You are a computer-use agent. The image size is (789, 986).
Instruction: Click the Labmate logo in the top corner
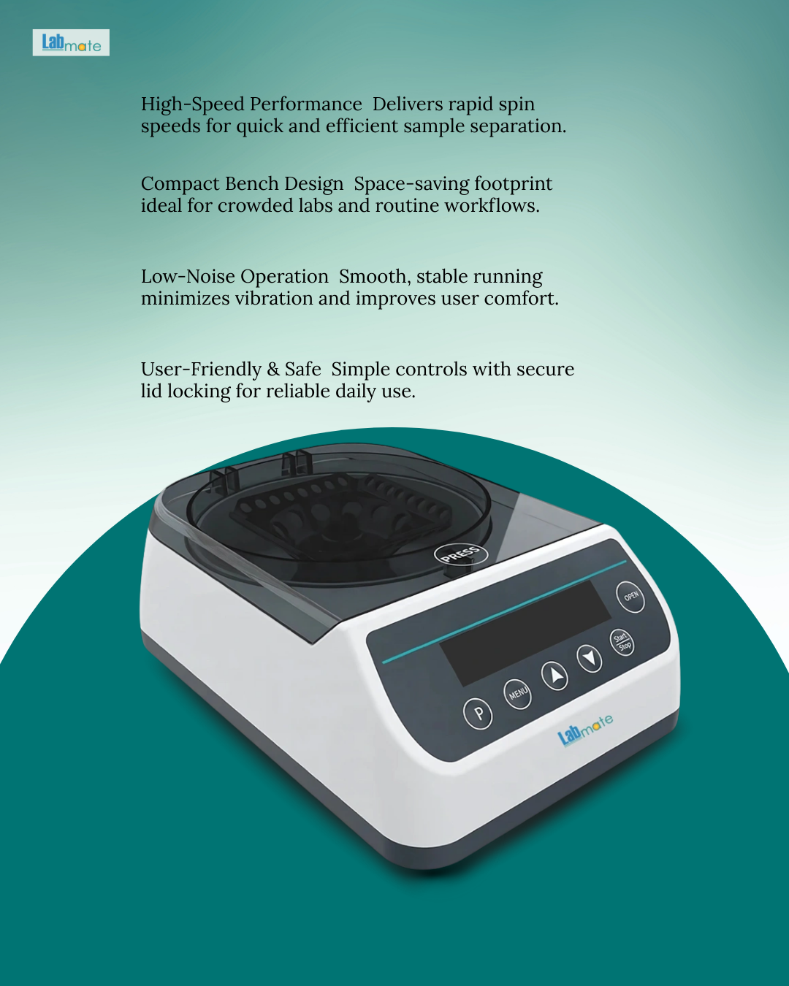point(71,42)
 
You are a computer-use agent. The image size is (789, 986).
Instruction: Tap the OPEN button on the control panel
point(630,597)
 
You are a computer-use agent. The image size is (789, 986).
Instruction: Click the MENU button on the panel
point(517,694)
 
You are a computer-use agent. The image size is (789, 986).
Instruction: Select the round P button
point(478,714)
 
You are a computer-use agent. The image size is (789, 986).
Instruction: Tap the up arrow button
point(554,676)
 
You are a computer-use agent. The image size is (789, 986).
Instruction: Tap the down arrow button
point(589,658)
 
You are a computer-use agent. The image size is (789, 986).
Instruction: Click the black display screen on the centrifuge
point(525,633)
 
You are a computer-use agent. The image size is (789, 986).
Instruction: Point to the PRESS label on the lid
point(460,554)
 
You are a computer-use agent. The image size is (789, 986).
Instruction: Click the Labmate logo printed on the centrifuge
point(585,730)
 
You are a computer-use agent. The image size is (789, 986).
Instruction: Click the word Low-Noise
point(188,276)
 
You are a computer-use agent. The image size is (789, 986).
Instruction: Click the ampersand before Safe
point(272,370)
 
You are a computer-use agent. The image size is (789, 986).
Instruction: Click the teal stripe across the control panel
point(504,611)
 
